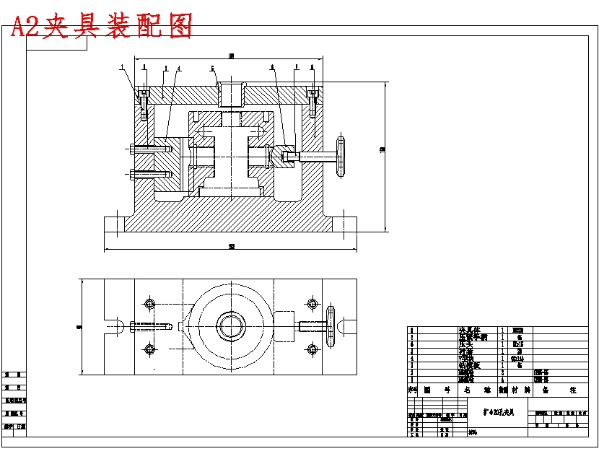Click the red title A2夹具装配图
click(101, 26)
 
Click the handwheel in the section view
click(341, 156)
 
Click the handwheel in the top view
click(332, 327)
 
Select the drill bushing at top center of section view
click(230, 95)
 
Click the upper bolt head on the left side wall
click(136, 149)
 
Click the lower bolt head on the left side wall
click(136, 173)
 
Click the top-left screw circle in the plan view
click(149, 302)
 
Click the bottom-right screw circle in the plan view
click(312, 350)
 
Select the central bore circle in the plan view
click(230, 325)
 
